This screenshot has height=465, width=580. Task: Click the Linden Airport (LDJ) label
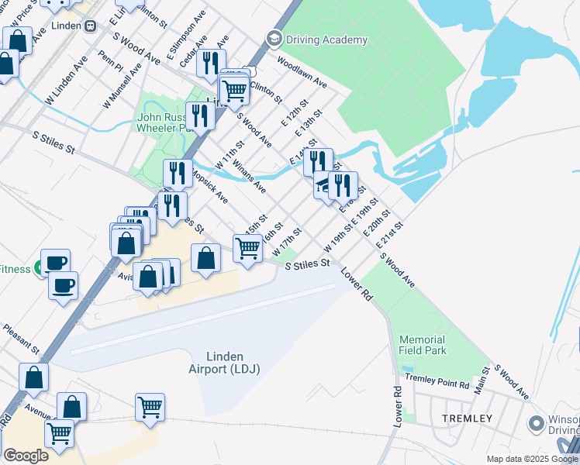tap(224, 362)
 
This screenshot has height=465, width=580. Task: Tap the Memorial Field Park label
tap(423, 346)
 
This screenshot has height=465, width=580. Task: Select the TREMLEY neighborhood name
tap(467, 418)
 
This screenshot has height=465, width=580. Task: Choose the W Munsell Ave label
tap(123, 86)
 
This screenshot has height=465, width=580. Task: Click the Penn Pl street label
tap(111, 60)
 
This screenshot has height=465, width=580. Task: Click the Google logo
tap(26, 456)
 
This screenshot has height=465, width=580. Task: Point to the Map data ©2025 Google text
tap(532, 459)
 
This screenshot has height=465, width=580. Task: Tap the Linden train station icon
tap(90, 26)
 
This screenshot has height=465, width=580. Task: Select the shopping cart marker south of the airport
tap(150, 407)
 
